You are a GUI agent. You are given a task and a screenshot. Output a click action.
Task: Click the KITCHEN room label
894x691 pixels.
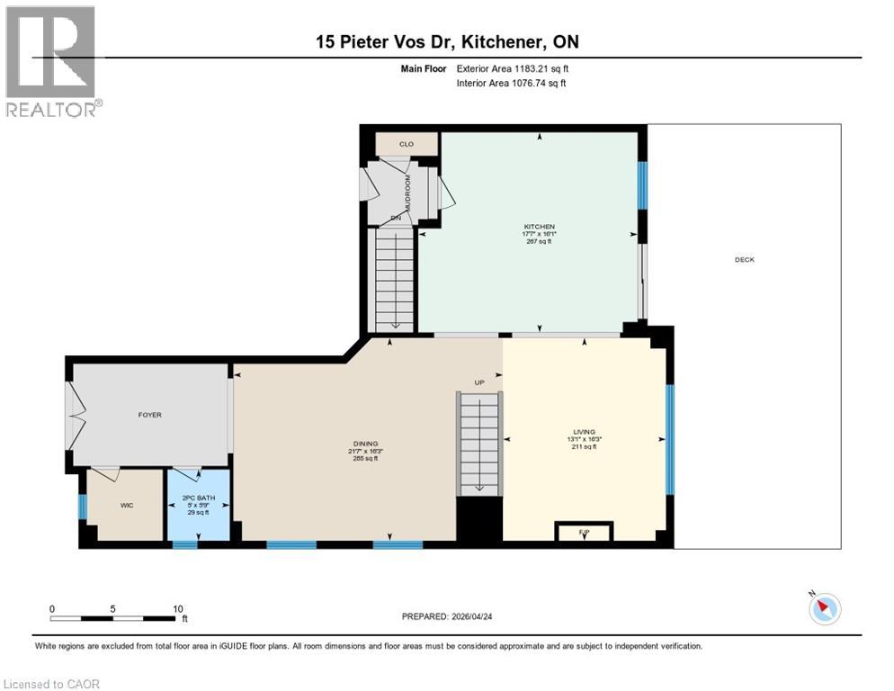(x=540, y=227)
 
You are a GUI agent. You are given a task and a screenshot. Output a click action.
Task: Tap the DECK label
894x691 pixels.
(x=744, y=260)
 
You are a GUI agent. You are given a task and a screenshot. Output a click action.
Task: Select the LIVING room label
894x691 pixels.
(x=585, y=432)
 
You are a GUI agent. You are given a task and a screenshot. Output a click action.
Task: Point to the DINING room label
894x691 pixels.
(x=365, y=443)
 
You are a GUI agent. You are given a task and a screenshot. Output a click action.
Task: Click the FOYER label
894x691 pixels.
(x=149, y=415)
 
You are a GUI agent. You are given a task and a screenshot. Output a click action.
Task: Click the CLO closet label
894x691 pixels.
(x=407, y=143)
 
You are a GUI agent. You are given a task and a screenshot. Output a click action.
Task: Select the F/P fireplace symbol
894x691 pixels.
(x=584, y=533)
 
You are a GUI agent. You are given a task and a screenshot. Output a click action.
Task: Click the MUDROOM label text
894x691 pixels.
(x=407, y=193)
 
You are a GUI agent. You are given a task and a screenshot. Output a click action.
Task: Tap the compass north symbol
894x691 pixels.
(x=824, y=609)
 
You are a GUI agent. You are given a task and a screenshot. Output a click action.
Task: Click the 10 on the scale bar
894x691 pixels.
(x=177, y=607)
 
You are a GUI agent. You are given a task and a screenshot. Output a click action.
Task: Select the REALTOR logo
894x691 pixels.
(x=52, y=61)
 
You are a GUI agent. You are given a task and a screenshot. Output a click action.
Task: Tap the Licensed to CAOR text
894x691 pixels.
(x=51, y=684)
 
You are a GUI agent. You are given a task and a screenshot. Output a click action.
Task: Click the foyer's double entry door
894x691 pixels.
(x=74, y=416)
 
